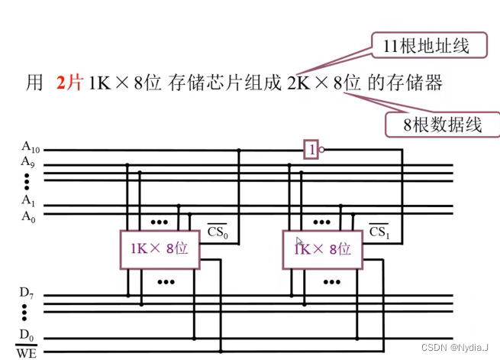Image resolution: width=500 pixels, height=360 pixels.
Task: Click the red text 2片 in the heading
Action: pos(69,83)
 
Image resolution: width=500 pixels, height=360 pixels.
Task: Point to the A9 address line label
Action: pos(28,162)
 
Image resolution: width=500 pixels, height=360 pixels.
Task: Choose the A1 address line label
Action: pos(28,200)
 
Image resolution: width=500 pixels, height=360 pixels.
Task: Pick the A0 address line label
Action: pos(28,215)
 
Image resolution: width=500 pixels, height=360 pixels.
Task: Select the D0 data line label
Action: pos(27,333)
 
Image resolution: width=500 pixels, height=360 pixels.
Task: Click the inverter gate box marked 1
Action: pos(310,149)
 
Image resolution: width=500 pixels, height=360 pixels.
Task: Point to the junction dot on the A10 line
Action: pos(240,150)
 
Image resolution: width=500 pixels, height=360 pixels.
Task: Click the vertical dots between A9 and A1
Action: pos(27,181)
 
